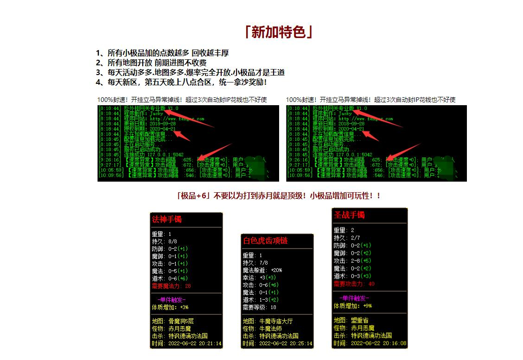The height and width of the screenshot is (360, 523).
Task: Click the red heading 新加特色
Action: tap(278, 32)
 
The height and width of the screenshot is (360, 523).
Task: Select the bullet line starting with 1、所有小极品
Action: tap(162, 53)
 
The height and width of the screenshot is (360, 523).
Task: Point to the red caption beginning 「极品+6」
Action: tap(279, 196)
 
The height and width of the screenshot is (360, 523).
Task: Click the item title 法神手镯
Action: tap(167, 220)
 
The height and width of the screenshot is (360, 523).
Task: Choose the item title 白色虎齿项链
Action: tap(265, 241)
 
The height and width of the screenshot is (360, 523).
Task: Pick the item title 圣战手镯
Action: tap(349, 215)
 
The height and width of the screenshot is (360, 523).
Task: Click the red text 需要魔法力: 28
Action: tap(171, 286)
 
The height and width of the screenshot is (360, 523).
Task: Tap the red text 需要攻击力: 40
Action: tap(354, 284)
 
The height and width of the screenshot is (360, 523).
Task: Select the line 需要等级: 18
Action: tap(259, 307)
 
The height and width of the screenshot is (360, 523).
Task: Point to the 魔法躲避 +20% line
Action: tap(262, 270)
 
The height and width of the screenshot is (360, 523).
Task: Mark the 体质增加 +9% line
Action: tap(353, 306)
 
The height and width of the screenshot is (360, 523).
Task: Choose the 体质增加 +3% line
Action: tap(170, 307)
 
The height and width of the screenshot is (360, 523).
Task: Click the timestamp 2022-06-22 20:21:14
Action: tap(194, 344)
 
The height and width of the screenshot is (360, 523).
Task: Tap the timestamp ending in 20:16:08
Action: tap(379, 343)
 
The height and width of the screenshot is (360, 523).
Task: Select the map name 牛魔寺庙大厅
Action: tap(276, 321)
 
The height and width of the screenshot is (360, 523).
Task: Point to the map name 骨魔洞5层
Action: tap(181, 321)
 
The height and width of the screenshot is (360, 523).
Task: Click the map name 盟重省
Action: tap(359, 320)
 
